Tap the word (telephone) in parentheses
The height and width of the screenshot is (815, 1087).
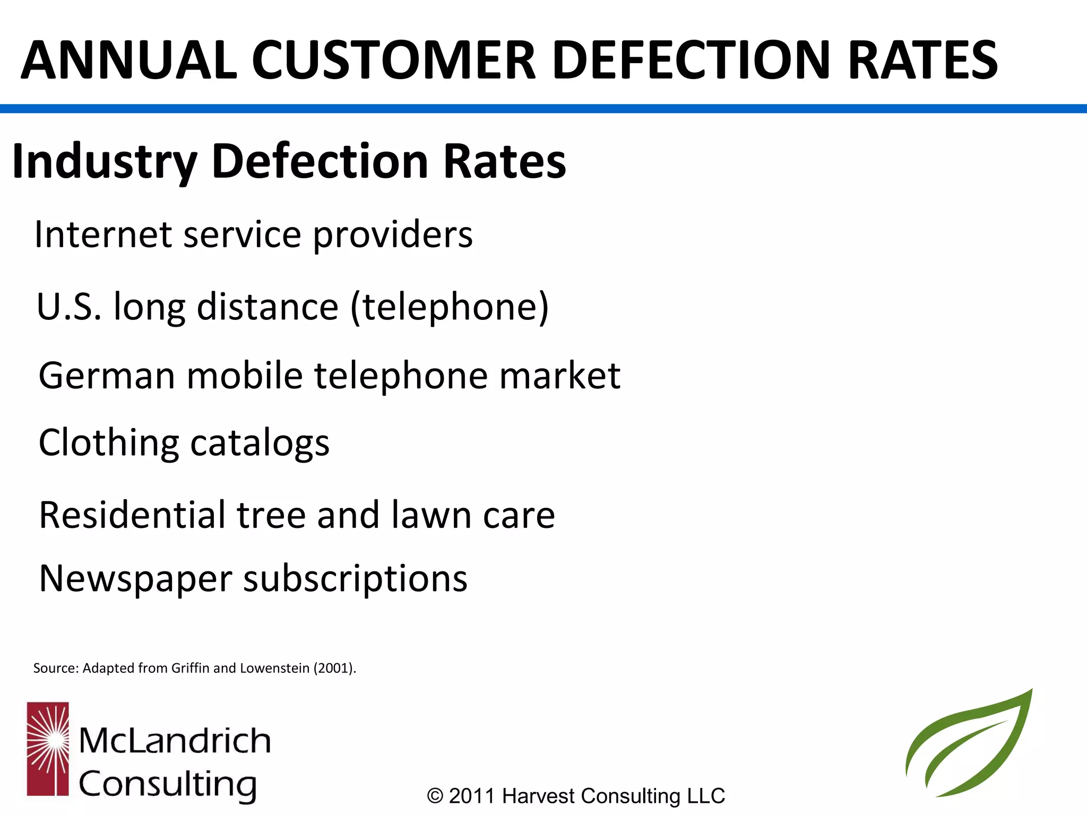point(450,308)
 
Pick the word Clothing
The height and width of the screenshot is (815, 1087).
point(109,443)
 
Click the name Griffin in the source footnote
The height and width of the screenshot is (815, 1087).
point(191,668)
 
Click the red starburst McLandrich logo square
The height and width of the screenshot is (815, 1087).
point(48,749)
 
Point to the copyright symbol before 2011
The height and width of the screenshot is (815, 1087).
point(435,796)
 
